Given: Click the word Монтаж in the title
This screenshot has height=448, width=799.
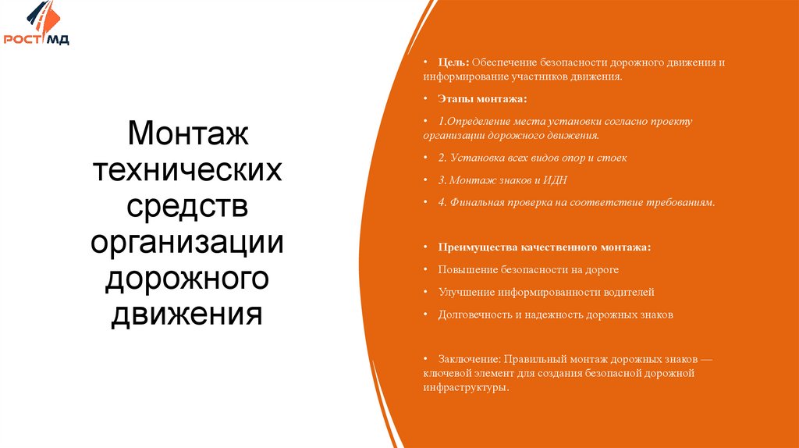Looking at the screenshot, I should coord(187,133).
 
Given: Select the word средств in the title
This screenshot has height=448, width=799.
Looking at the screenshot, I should coord(187,206).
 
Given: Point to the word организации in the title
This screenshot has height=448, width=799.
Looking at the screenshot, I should coord(187,243).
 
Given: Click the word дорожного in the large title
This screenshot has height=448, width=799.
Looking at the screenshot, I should coord(187,279).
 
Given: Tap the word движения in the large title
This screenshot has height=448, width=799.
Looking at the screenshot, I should coord(187,315).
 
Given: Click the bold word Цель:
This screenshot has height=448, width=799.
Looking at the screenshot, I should coord(453,62).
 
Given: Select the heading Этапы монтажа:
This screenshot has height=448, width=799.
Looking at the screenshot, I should coord(482,100).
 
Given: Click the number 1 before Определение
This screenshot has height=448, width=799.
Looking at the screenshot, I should coord(440,122).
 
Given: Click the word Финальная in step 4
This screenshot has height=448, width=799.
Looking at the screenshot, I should coord(475,202).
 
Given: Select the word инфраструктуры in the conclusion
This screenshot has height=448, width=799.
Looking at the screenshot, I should coord(465,387).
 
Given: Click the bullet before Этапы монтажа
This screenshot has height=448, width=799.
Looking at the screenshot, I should coord(426,100).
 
